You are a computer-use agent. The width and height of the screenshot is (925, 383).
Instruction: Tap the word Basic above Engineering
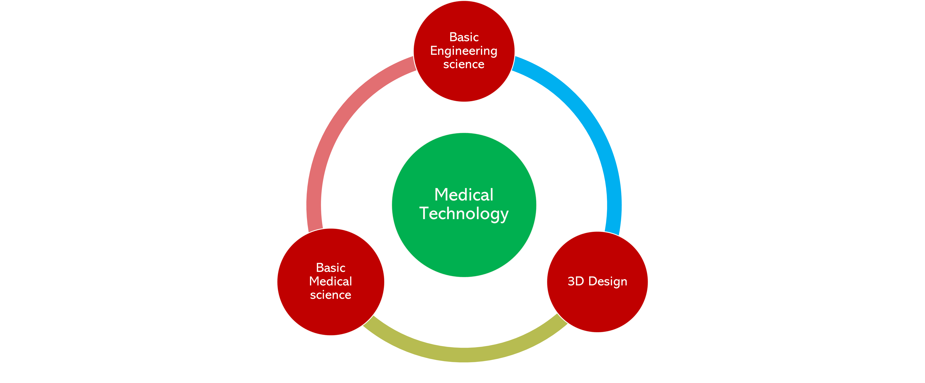pos(464,37)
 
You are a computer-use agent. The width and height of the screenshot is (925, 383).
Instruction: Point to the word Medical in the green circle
pos(464,195)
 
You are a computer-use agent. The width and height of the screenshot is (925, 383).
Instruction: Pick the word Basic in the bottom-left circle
pos(331,268)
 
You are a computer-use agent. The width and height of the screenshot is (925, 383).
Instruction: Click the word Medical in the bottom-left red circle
pos(331,282)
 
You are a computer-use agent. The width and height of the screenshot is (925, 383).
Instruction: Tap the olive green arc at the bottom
pos(464,355)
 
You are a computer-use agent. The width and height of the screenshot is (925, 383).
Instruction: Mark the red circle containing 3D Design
pos(597,282)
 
